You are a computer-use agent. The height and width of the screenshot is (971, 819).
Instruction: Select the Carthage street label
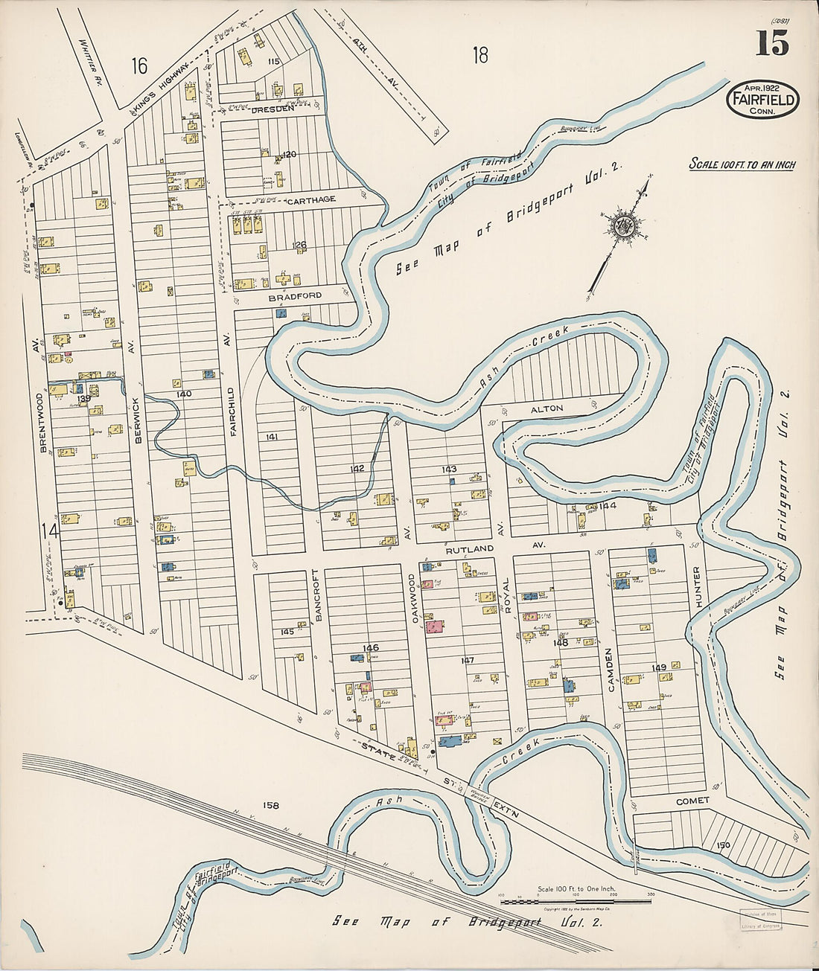[311, 199]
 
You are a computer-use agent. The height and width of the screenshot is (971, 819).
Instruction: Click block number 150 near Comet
[722, 845]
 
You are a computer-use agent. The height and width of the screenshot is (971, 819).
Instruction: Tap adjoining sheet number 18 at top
[480, 54]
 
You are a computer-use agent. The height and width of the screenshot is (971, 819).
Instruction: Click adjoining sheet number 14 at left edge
[49, 531]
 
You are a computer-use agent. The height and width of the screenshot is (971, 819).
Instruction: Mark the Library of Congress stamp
[761, 921]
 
